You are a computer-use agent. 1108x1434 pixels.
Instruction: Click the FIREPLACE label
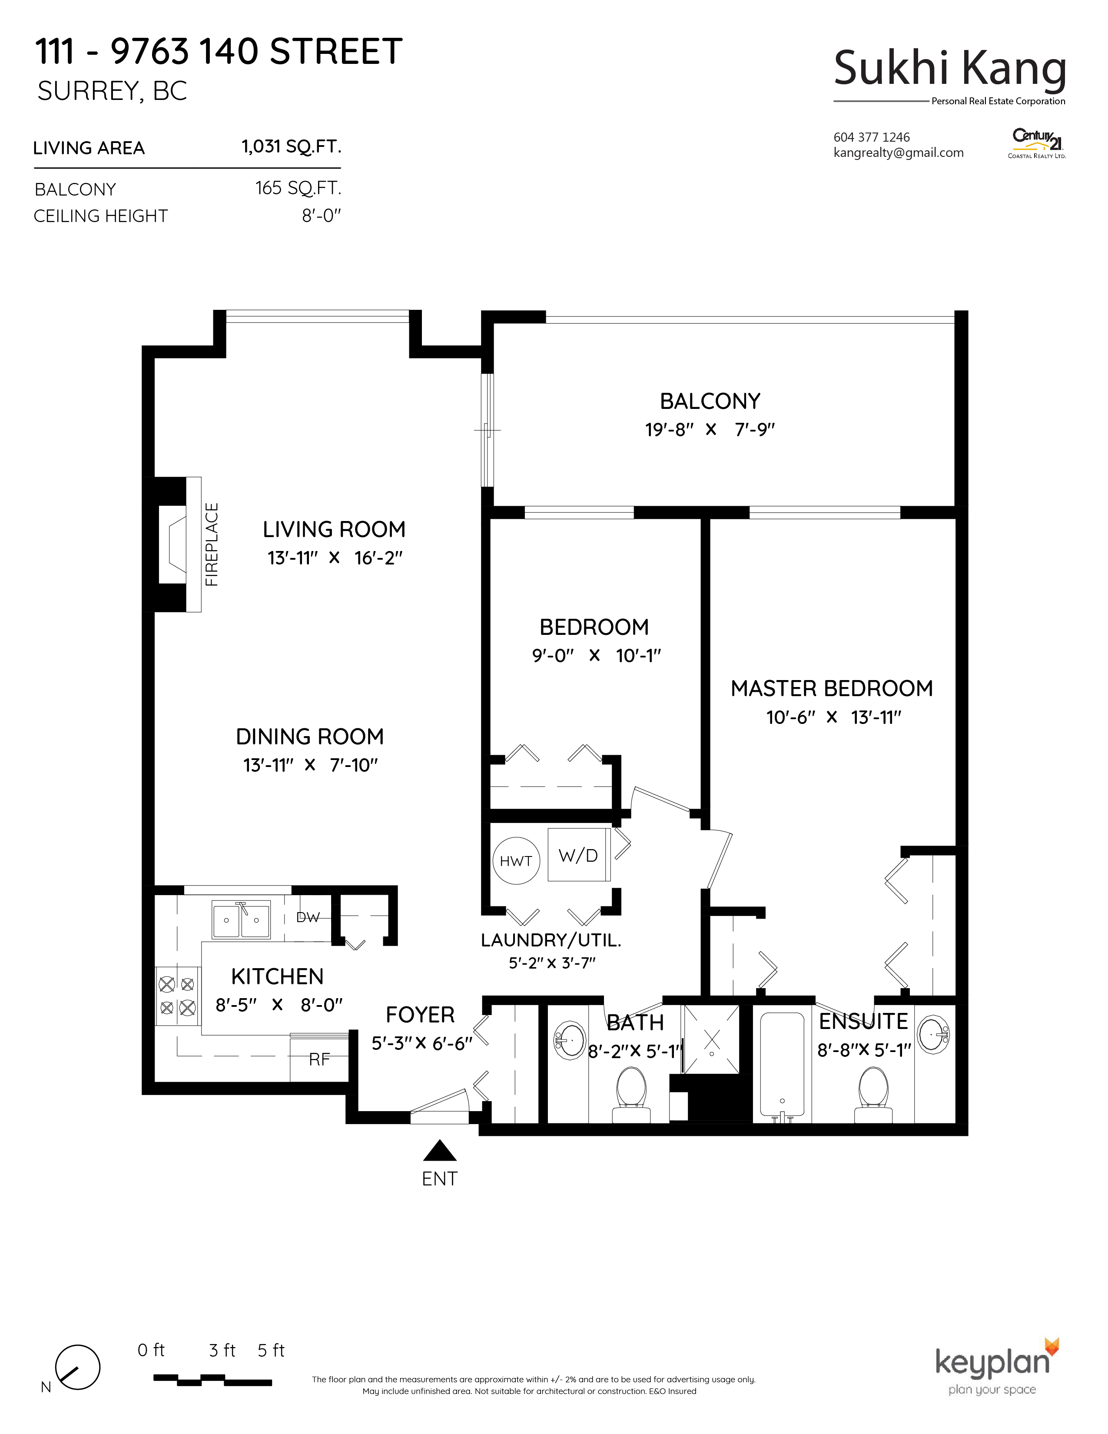click(211, 544)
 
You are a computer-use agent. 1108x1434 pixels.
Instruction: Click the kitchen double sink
click(241, 919)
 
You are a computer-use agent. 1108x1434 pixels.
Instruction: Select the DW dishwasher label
click(308, 917)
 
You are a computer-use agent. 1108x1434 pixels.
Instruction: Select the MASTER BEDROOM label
click(832, 688)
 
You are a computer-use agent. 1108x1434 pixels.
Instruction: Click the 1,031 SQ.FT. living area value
click(292, 146)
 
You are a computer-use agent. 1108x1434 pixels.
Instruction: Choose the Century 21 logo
click(1037, 143)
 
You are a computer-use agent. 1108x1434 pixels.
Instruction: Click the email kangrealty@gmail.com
click(899, 153)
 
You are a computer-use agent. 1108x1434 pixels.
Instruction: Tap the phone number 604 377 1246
click(872, 137)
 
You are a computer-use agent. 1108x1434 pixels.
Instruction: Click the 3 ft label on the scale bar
click(222, 1351)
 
